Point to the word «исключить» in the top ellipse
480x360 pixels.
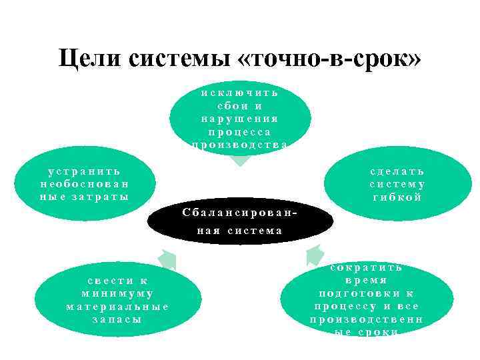240,93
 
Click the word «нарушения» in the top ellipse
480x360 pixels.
240,119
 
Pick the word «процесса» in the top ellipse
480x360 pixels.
240,132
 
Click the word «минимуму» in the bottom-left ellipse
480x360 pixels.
117,293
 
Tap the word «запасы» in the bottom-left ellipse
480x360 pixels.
117,319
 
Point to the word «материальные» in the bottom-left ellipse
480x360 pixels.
117,307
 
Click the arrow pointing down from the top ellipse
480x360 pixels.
240,159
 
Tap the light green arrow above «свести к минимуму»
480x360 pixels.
167,259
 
